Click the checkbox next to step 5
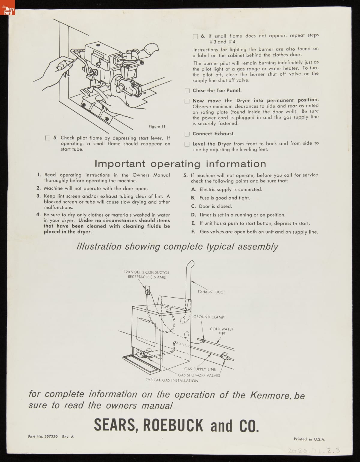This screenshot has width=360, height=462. pyautogui.click(x=47, y=138)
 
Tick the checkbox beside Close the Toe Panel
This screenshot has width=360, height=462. pyautogui.click(x=187, y=91)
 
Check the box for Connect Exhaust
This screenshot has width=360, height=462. pyautogui.click(x=187, y=134)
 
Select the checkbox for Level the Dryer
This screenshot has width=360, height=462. pyautogui.click(x=187, y=144)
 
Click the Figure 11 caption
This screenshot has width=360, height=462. pyautogui.click(x=157, y=127)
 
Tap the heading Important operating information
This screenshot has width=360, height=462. pyautogui.click(x=180, y=164)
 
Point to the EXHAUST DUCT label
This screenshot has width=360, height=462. pyautogui.click(x=211, y=292)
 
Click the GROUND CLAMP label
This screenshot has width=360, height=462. pyautogui.click(x=208, y=317)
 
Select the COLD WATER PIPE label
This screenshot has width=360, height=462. pyautogui.click(x=221, y=331)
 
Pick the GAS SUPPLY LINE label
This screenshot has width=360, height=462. pyautogui.click(x=200, y=369)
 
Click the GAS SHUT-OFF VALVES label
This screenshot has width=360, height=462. pyautogui.click(x=199, y=375)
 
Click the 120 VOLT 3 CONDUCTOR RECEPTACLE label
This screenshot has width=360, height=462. pyautogui.click(x=147, y=274)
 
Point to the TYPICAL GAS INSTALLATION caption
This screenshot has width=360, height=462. pyautogui.click(x=172, y=381)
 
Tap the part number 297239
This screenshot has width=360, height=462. pyautogui.click(x=51, y=437)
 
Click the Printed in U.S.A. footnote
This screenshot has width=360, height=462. pyautogui.click(x=309, y=439)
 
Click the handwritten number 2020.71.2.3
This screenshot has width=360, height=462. pyautogui.click(x=313, y=451)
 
